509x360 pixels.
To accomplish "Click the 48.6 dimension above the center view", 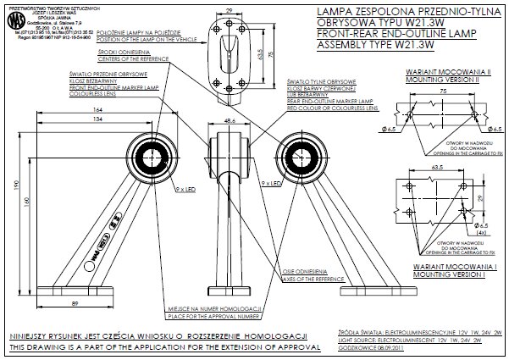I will pos(229,121).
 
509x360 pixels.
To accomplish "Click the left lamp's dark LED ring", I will pos(158,155).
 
